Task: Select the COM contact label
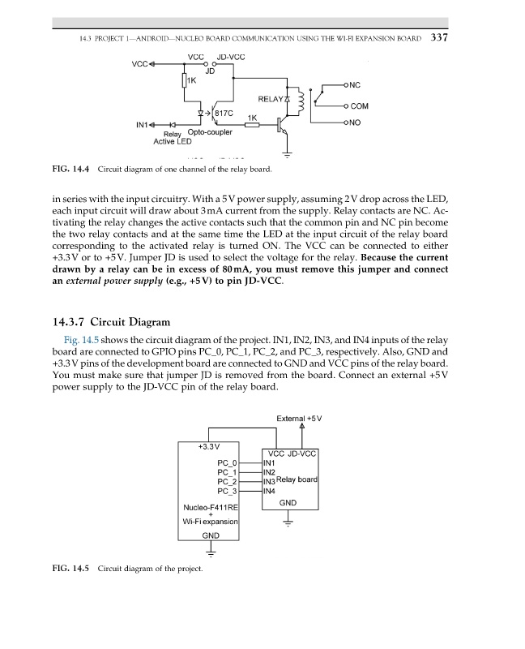359,105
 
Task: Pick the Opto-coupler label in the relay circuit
210,131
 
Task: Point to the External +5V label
299,419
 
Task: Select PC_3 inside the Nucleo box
227,491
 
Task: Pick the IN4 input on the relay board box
270,491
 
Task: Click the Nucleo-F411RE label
209,509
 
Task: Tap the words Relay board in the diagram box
297,480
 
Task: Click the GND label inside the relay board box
288,503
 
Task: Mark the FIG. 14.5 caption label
70,567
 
